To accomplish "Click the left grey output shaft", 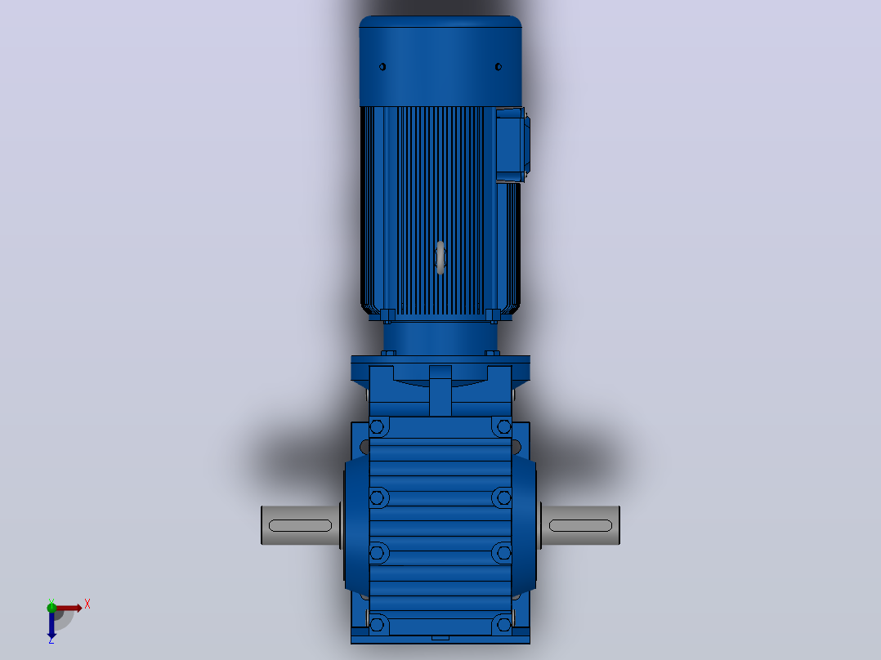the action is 301,525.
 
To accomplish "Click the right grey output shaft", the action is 580,525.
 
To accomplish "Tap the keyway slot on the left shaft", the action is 301,526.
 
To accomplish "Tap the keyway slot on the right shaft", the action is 580,526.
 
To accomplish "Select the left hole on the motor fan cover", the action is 382,67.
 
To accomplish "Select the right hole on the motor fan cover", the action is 499,67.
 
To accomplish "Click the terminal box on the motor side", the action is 512,145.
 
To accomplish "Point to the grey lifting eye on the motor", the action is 440,258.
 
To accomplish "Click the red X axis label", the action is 87,604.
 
